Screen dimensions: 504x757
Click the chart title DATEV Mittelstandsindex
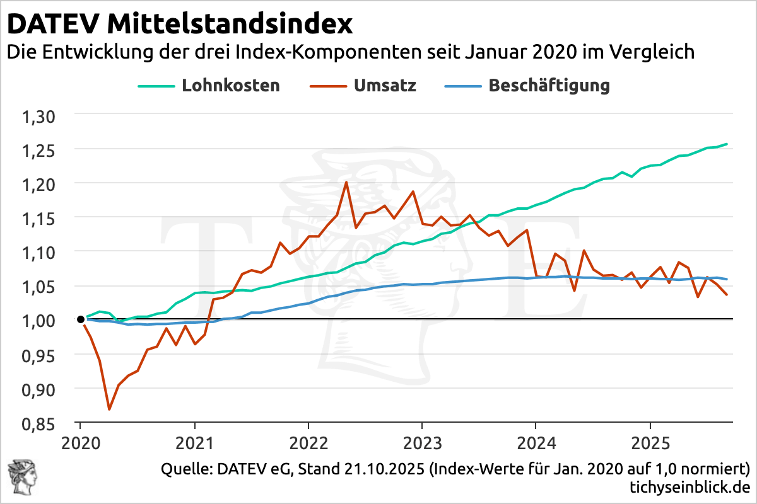pyautogui.click(x=180, y=25)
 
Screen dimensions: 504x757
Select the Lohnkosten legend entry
pyautogui.click(x=230, y=85)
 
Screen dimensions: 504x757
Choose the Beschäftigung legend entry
pyautogui.click(x=549, y=85)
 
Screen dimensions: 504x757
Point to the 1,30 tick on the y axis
pyautogui.click(x=39, y=117)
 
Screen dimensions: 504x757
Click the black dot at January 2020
pyautogui.click(x=81, y=319)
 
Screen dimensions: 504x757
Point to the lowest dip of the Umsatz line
pyautogui.click(x=109, y=409)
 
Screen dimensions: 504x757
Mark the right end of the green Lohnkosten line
pyautogui.click(x=727, y=144)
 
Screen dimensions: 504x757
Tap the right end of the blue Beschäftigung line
pyautogui.click(x=727, y=279)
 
